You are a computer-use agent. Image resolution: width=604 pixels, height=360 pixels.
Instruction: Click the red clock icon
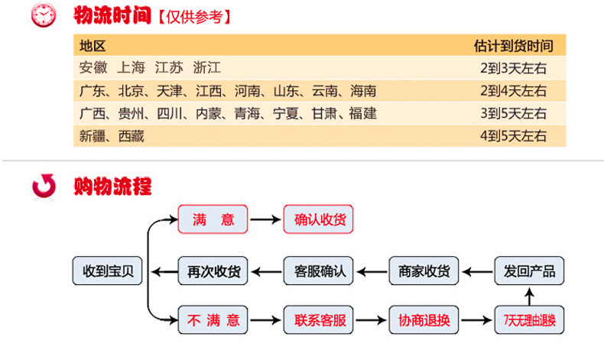[x=44, y=15]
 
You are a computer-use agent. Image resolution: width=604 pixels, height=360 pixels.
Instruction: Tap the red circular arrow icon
[x=44, y=186]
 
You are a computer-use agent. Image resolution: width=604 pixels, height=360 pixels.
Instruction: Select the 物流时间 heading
[x=112, y=15]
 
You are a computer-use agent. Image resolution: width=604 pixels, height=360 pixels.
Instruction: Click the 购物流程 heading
[x=112, y=186]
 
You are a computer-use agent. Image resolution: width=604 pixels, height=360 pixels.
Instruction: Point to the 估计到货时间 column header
[x=514, y=46]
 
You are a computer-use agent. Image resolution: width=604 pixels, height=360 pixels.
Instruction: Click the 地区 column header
[x=93, y=46]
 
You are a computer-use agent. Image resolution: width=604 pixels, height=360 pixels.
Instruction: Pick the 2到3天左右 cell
[x=514, y=68]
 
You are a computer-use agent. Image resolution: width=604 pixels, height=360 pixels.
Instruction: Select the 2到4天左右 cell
[x=514, y=91]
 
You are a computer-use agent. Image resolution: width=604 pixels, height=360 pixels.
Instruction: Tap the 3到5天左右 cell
[x=514, y=113]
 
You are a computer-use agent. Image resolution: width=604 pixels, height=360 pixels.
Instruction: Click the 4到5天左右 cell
[x=514, y=136]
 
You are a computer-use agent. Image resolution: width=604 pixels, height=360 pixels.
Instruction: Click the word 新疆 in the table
[x=93, y=136]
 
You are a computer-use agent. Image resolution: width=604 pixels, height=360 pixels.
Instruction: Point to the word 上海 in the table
[x=131, y=68]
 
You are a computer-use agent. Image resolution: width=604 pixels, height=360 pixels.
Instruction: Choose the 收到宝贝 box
[x=108, y=271]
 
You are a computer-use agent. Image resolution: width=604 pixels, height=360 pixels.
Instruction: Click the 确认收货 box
[x=318, y=219]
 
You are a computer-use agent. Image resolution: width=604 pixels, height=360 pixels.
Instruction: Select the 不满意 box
[x=213, y=319]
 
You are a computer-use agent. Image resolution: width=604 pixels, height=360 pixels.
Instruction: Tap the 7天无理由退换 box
[x=529, y=319]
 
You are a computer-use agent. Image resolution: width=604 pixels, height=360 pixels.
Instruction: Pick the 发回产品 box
[x=529, y=271]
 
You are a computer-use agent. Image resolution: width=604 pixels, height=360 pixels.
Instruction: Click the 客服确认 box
[x=318, y=271]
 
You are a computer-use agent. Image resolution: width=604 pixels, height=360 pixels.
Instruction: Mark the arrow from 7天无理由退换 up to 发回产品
[x=530, y=297]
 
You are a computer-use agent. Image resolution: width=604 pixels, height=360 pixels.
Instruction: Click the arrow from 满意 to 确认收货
[x=265, y=219]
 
